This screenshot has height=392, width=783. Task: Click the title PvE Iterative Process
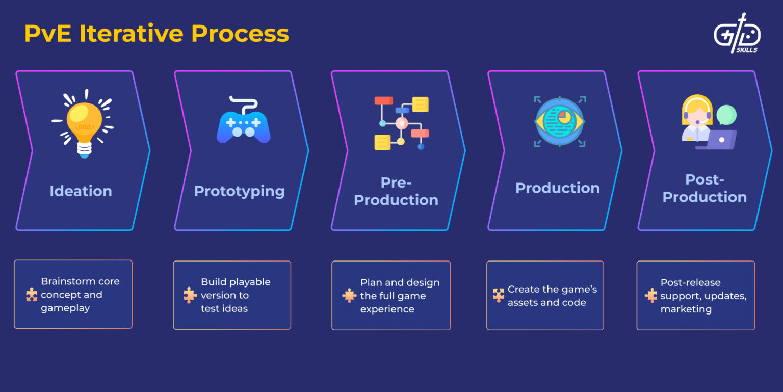[x=156, y=34]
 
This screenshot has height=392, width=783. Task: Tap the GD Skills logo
[x=737, y=34]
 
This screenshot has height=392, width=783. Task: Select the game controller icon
[x=243, y=122]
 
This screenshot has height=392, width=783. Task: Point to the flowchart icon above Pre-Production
[x=401, y=123]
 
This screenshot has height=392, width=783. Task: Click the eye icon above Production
[x=559, y=122]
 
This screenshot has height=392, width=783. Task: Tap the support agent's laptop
[x=718, y=139]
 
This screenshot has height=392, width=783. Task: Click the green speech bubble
[x=726, y=115]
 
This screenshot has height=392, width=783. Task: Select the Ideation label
[x=81, y=191]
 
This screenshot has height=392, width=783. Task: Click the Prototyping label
[x=239, y=191]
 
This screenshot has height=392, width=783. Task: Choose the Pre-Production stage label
[x=396, y=191]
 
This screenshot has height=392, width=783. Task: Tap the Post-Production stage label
[x=704, y=188]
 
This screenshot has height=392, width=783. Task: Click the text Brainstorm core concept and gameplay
[x=80, y=295]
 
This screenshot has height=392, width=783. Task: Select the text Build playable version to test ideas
[x=235, y=295]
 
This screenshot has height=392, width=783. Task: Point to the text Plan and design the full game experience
[x=399, y=296]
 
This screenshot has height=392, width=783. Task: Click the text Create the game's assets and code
[x=552, y=296]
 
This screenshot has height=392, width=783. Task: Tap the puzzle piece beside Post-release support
[x=650, y=296]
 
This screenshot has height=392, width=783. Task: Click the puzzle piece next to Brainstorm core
[x=32, y=295]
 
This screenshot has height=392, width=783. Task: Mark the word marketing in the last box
[x=686, y=309]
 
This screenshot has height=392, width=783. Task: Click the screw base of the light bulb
[x=84, y=148]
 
